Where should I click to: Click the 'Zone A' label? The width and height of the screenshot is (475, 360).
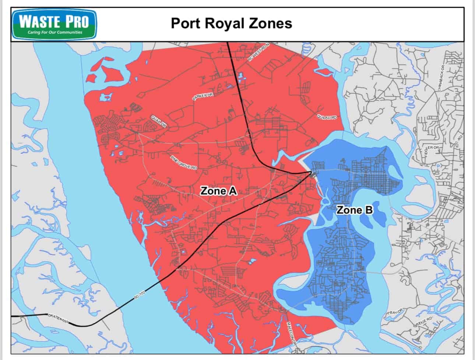pyautogui.click(x=218, y=191)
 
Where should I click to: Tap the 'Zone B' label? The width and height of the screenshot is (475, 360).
pyautogui.click(x=355, y=210)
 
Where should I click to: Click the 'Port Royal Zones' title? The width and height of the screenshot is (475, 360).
pyautogui.click(x=231, y=23)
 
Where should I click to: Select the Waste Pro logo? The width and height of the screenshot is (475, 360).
pyautogui.click(x=54, y=24)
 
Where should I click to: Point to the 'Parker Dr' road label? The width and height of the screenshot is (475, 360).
pyautogui.click(x=203, y=97)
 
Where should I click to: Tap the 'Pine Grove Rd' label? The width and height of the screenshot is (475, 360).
pyautogui.click(x=184, y=162)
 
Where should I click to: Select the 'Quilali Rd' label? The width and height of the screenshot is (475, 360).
pyautogui.click(x=327, y=117)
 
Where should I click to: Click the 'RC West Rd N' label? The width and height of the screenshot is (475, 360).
pyautogui.click(x=259, y=52)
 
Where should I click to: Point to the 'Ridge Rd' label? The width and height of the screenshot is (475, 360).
pyautogui.click(x=424, y=321)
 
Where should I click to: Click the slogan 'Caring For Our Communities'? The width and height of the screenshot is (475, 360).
pyautogui.click(x=55, y=32)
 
